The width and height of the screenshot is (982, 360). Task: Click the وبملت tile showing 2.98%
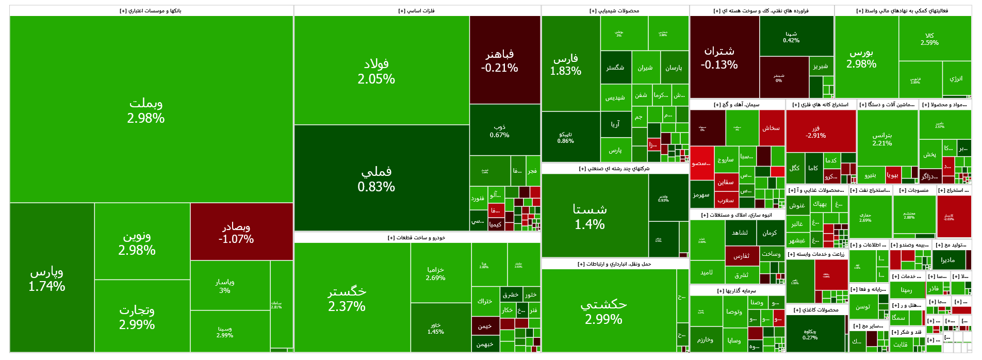146,110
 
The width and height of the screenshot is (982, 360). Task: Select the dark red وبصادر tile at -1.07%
236,233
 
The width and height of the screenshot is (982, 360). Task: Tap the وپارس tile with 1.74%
47,279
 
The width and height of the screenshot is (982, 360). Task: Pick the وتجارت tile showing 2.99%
137,317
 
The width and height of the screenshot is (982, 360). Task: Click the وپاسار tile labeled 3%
225,286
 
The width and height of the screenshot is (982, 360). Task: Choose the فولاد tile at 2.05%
377,71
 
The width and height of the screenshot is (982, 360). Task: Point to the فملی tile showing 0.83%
377,178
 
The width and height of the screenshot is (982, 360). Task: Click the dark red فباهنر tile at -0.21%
499,60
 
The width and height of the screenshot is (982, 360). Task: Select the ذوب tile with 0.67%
499,130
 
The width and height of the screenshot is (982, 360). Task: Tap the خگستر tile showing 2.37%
347,299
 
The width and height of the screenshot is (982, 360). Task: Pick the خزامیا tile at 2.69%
435,273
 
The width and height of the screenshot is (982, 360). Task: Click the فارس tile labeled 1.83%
565,64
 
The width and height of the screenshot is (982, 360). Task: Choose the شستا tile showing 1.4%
590,217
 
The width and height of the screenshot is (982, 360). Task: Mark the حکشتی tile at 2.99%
603,312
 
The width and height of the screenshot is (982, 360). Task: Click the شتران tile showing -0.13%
719,57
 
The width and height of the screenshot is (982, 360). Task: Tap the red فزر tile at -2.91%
815,132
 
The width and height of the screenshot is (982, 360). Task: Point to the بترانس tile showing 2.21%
882,139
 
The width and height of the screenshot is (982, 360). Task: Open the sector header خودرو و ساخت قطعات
417,238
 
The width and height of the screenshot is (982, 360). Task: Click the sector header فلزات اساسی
417,11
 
